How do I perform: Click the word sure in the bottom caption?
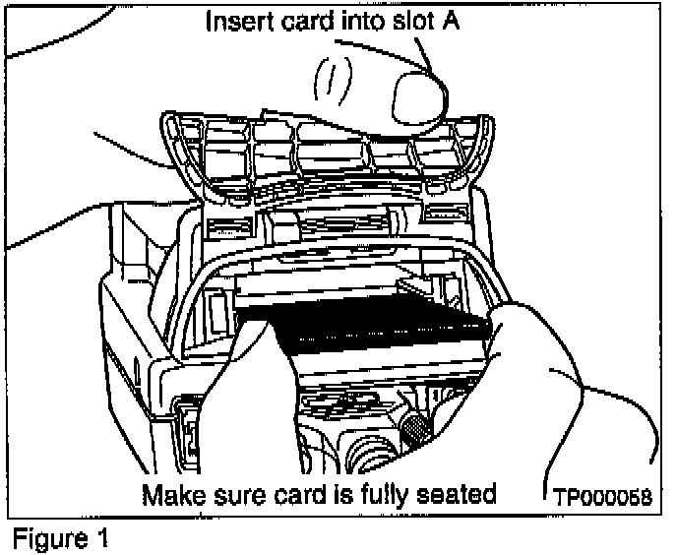(x=234, y=493)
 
